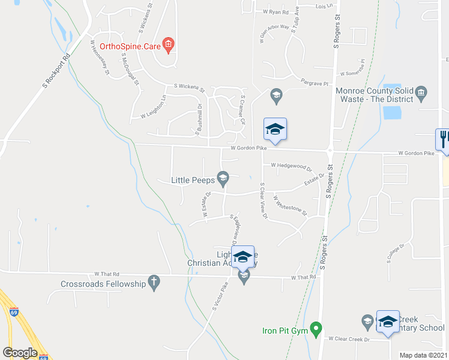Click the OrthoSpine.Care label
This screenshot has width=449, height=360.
[x=130, y=45]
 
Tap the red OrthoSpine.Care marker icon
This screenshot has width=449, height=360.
[x=169, y=44]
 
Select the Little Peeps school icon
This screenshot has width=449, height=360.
[x=223, y=177]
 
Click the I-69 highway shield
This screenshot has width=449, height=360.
[x=14, y=312]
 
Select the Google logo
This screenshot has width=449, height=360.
[x=20, y=353]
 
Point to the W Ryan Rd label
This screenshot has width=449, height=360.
[x=276, y=12]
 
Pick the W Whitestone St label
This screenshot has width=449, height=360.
[x=290, y=205]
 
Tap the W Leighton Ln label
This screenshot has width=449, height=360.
[x=153, y=107]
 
